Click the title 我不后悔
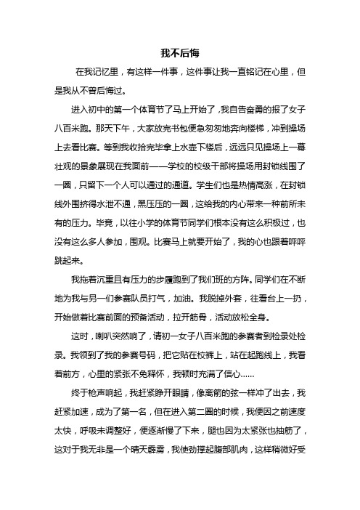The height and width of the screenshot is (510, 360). click(x=179, y=54)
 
